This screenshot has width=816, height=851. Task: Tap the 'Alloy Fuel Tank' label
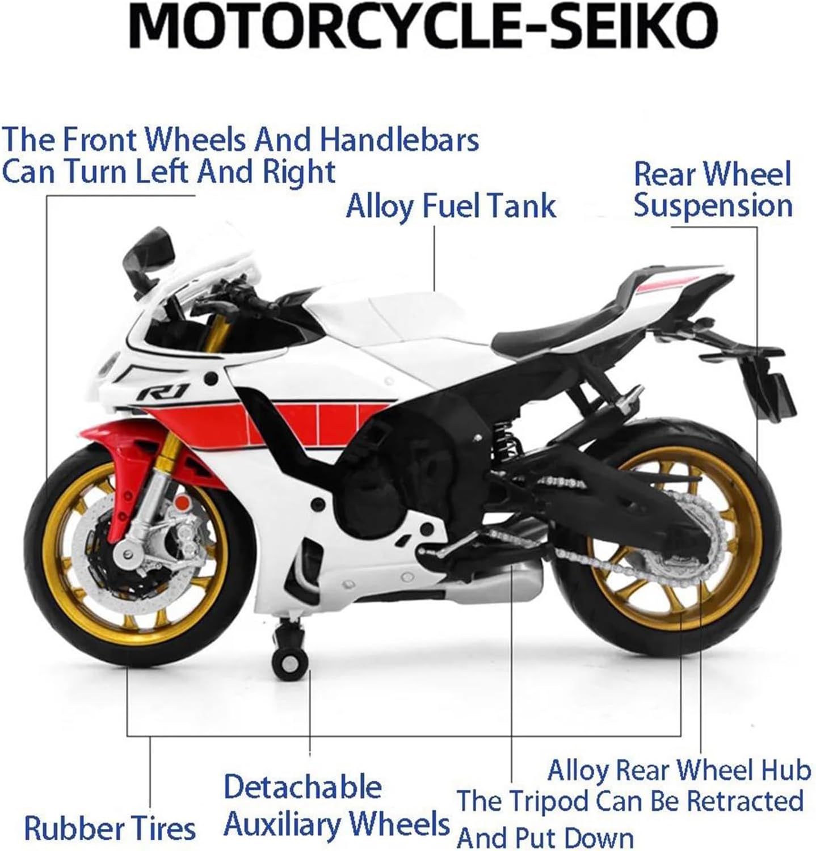(x=451, y=205)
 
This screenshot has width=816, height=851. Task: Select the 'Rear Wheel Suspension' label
(x=712, y=189)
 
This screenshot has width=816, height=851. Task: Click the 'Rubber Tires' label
(x=110, y=828)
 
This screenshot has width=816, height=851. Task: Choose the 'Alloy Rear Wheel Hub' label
(x=679, y=770)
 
